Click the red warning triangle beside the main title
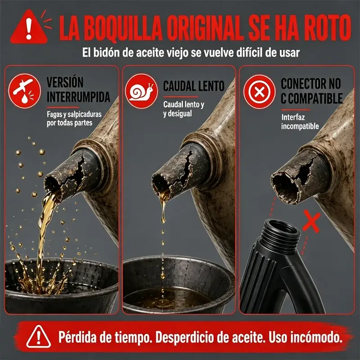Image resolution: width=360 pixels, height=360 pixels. [29, 28]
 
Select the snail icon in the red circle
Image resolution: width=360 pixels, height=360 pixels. [141, 91]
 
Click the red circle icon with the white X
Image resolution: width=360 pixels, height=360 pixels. [260, 92]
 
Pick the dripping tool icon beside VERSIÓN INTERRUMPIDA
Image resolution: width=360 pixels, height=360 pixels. [25, 90]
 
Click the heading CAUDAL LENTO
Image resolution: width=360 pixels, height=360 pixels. [193, 86]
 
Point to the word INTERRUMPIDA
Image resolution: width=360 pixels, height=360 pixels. [78, 97]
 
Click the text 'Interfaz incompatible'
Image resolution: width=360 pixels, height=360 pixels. [300, 121]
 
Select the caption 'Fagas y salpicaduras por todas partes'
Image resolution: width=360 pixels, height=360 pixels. [74, 118]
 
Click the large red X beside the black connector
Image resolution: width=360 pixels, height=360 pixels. [311, 222]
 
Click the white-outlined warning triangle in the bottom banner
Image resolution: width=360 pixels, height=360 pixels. [38, 337]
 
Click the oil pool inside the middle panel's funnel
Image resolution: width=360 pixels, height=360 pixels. [167, 298]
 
